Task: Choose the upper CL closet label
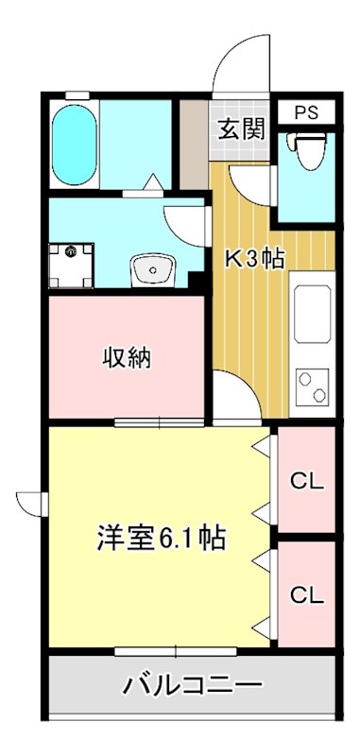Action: [x=306, y=480]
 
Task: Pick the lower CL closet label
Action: [x=306, y=594]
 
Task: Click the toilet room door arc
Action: [x=252, y=180]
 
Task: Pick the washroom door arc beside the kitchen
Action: [x=186, y=226]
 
